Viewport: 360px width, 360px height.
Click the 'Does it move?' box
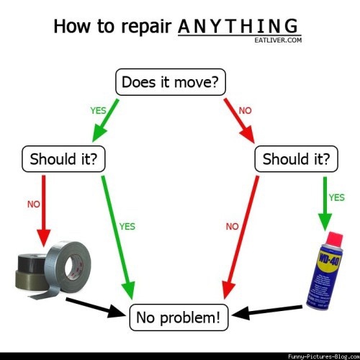coord(171,82)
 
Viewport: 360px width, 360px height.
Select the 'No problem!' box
coord(179,318)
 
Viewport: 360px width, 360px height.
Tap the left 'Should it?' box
coord(63,159)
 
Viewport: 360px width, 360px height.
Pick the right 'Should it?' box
coord(296,159)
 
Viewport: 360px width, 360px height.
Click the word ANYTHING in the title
coord(238,26)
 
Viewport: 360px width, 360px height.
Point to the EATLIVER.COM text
coord(278,40)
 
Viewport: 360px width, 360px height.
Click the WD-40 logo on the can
coord(329,258)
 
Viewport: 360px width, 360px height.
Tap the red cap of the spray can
coord(335,239)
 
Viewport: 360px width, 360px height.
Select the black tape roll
coord(32,263)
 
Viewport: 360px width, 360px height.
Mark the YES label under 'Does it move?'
coord(98,111)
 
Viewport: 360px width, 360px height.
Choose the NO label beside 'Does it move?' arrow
coord(245,111)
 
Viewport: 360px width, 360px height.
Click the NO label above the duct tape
coord(34,204)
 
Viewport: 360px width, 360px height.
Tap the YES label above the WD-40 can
coord(337,197)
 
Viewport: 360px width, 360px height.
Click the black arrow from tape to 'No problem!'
coord(96,308)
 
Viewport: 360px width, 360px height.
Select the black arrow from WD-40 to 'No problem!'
coord(267,311)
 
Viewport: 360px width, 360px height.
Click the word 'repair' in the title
coord(146,27)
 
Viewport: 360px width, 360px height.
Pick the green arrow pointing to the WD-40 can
coord(325,204)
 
